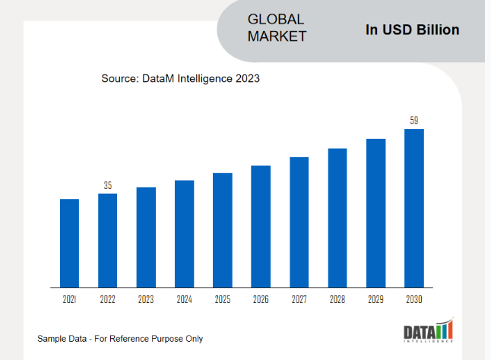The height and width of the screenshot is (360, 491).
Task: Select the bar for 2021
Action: (x=70, y=243)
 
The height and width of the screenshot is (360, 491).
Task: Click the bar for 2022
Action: (x=108, y=240)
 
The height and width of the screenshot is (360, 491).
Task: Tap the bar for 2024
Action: (x=184, y=234)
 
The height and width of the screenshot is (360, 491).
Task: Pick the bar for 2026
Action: (x=261, y=226)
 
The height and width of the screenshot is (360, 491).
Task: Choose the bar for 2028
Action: (x=337, y=218)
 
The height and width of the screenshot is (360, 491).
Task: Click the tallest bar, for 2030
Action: (x=413, y=208)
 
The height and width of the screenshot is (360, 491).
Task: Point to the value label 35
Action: (x=108, y=185)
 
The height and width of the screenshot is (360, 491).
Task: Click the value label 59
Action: (x=414, y=120)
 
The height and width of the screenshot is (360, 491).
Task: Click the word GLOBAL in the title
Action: (x=275, y=19)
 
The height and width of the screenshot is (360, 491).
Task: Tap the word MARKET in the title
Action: (x=277, y=36)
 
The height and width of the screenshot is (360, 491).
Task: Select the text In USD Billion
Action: (x=413, y=30)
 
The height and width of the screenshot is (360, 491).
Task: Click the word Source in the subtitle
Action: (x=120, y=78)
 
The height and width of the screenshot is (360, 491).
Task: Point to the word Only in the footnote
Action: (x=193, y=338)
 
